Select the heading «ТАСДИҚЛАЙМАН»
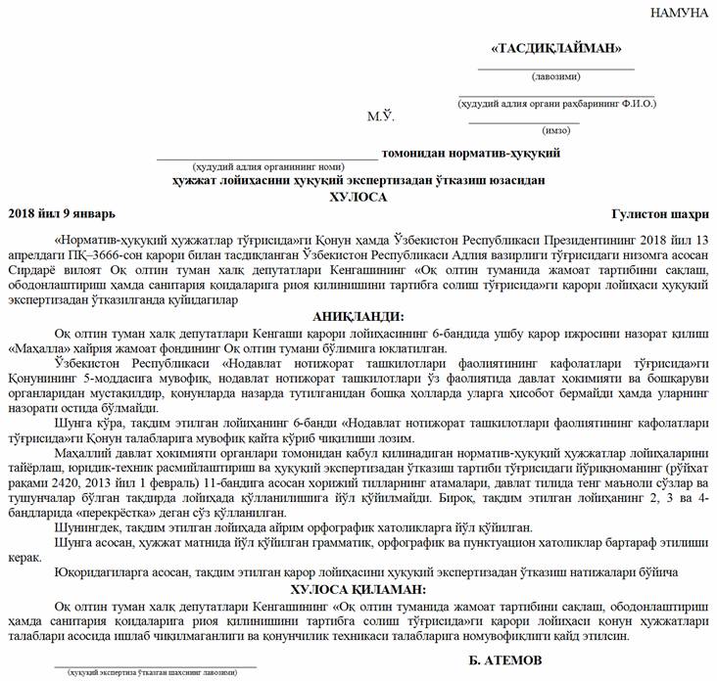point(555,48)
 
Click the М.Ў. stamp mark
point(380,116)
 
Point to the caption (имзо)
point(555,129)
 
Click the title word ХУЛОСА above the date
point(359,197)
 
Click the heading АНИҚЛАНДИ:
point(358,315)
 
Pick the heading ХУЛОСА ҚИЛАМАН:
point(358,590)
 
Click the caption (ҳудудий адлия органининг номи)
point(267,166)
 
